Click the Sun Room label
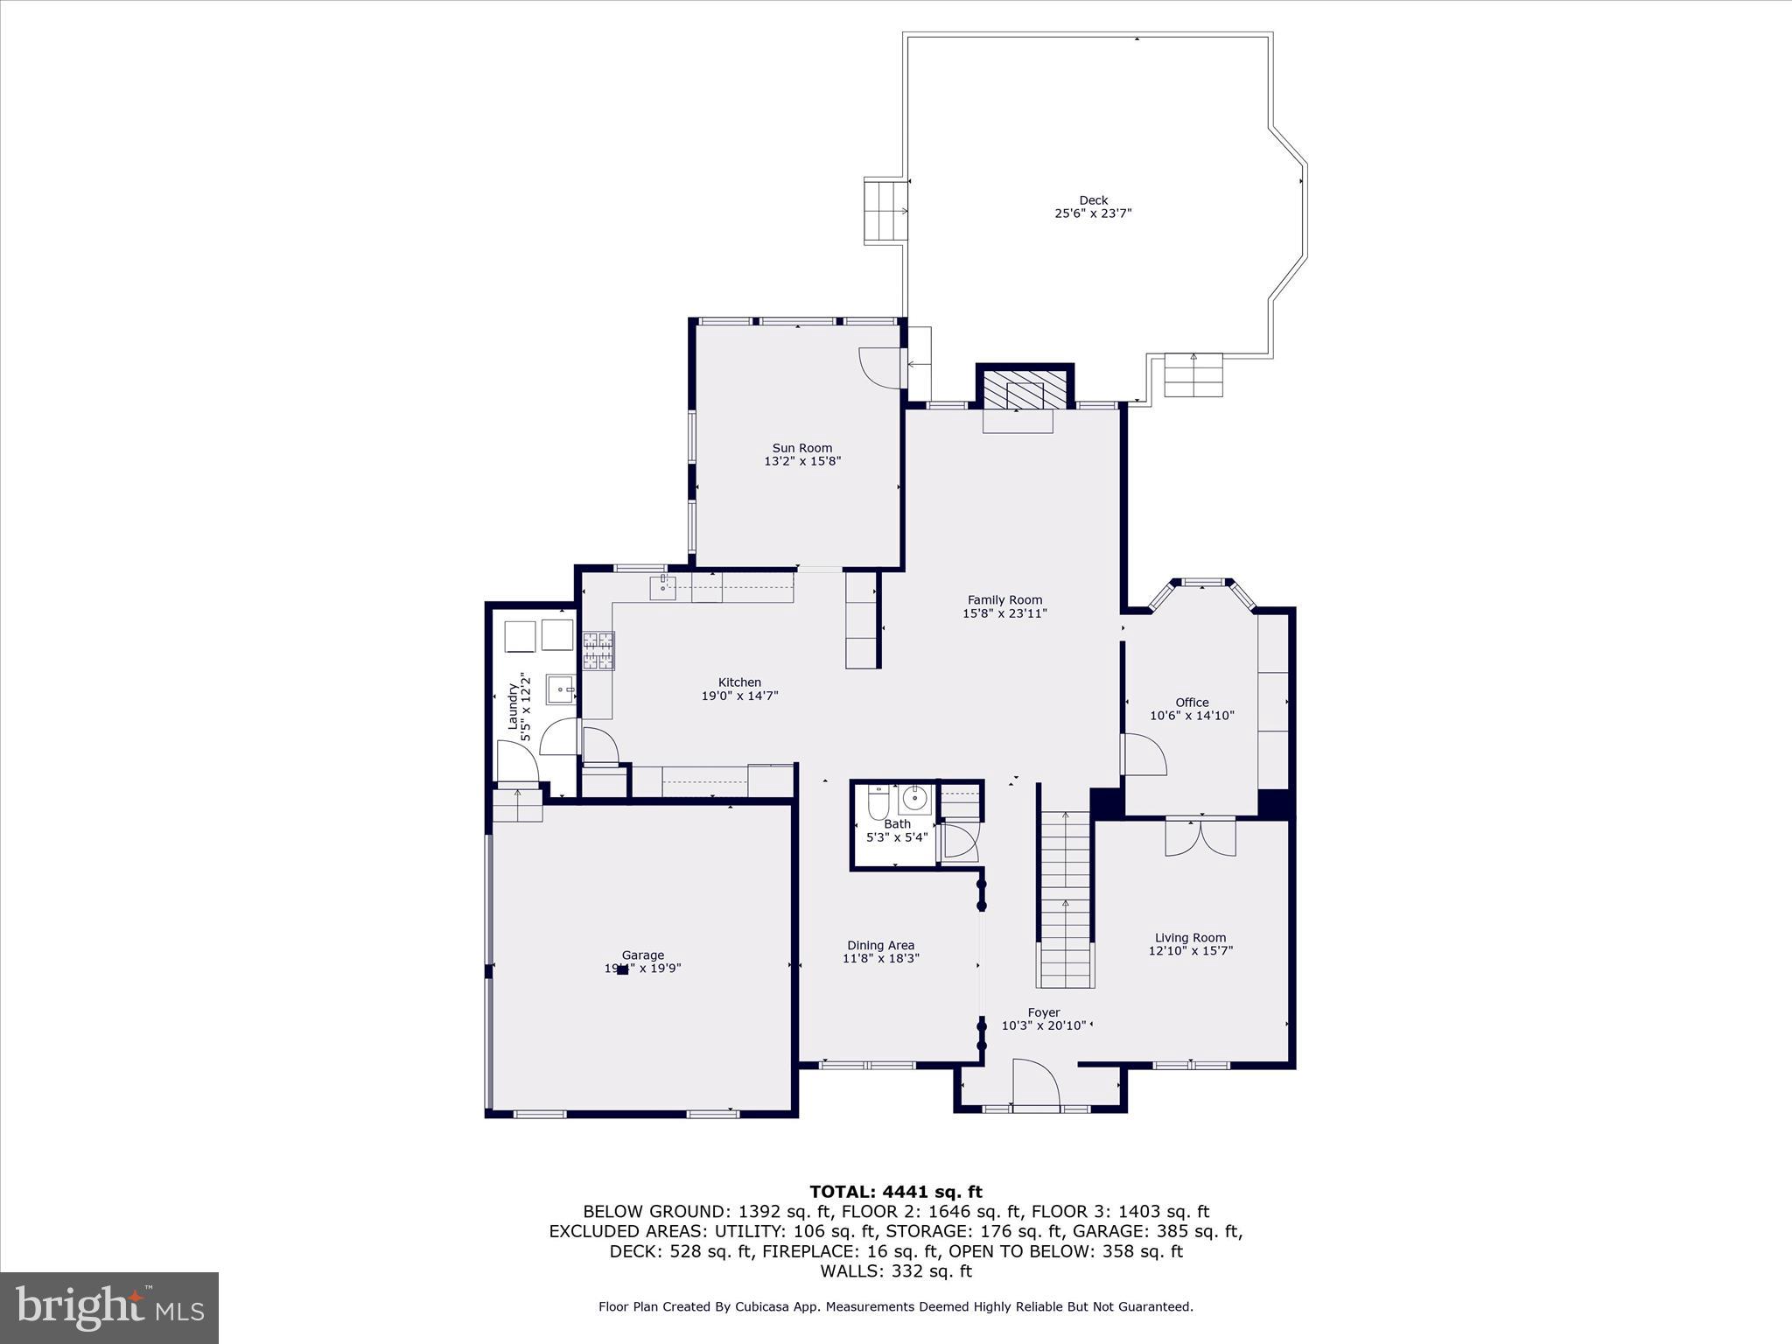(801, 448)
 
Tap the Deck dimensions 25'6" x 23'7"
(1093, 213)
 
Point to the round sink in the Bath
(915, 798)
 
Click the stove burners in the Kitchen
(598, 651)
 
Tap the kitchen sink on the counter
(663, 587)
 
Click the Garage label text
(643, 955)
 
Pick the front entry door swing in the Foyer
(1036, 1084)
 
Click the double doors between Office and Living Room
(1200, 836)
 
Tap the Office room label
(1192, 702)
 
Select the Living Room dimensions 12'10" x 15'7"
(1190, 950)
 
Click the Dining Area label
(880, 945)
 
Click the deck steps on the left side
(885, 211)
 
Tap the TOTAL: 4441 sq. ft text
(895, 1192)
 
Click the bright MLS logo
(109, 1307)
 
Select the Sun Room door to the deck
(881, 367)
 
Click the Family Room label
(1004, 599)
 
